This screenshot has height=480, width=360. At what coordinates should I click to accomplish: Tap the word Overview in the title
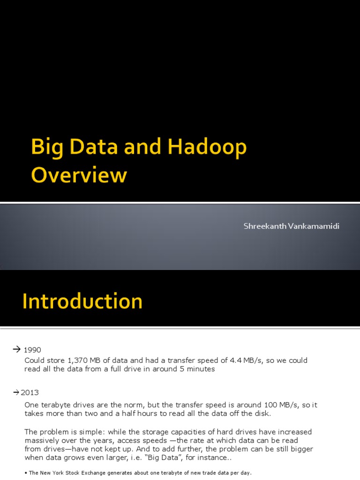[x=79, y=175]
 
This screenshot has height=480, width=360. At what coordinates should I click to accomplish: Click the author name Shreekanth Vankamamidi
[x=291, y=226]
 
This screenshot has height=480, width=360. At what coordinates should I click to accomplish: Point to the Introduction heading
[x=82, y=301]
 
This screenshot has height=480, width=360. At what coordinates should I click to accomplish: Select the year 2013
[x=30, y=392]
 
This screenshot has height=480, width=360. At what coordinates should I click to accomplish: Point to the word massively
[x=41, y=441]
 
